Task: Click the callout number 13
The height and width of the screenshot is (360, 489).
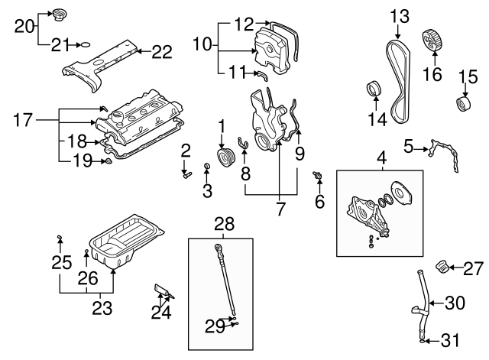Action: pyautogui.click(x=400, y=15)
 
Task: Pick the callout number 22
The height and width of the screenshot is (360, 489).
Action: pyautogui.click(x=161, y=52)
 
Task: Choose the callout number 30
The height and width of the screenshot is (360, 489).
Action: pyautogui.click(x=455, y=303)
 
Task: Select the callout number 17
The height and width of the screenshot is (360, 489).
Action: pyautogui.click(x=24, y=119)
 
